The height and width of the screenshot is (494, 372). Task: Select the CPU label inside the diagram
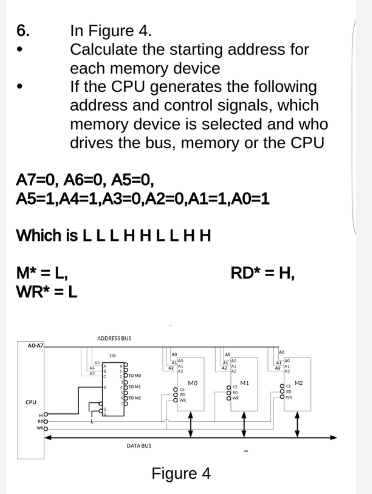coord(32,404)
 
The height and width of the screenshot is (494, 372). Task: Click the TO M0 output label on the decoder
coord(137,374)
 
